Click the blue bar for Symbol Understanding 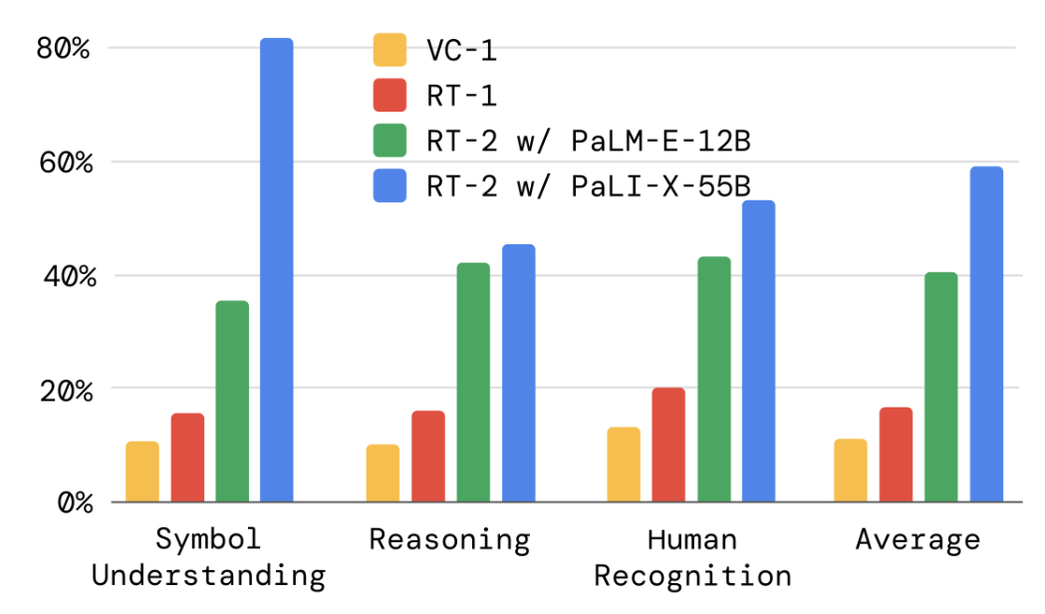click(x=276, y=269)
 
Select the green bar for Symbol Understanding click(x=231, y=401)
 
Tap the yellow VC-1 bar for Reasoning click(x=383, y=472)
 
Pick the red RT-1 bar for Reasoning click(x=427, y=456)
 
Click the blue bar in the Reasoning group click(x=518, y=373)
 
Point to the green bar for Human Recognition click(x=713, y=379)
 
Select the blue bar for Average click(x=986, y=334)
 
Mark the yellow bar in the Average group click(x=851, y=469)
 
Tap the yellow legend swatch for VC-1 click(x=390, y=50)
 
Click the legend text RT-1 click(x=460, y=96)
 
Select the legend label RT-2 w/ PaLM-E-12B click(x=587, y=141)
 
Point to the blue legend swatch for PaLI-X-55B click(x=390, y=185)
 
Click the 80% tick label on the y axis click(x=64, y=48)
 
